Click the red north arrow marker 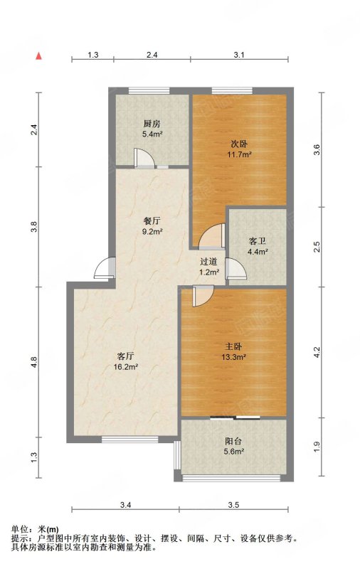click(x=38, y=56)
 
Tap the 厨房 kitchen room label click(x=152, y=124)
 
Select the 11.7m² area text click(x=240, y=154)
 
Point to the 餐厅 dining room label click(x=152, y=221)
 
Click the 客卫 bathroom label click(x=258, y=241)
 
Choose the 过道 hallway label click(x=208, y=261)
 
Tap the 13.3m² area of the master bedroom click(x=234, y=357)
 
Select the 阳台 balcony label click(x=233, y=442)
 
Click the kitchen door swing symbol click(x=144, y=158)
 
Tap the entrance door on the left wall click(x=105, y=268)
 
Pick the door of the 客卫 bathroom click(x=235, y=269)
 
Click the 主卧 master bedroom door click(x=203, y=296)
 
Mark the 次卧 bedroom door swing click(x=211, y=235)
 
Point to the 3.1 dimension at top click(x=239, y=55)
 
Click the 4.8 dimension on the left click(x=34, y=362)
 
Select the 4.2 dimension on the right click(x=317, y=352)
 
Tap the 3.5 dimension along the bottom click(x=234, y=505)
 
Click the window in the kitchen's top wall click(x=149, y=91)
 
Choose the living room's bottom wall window click(x=130, y=440)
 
